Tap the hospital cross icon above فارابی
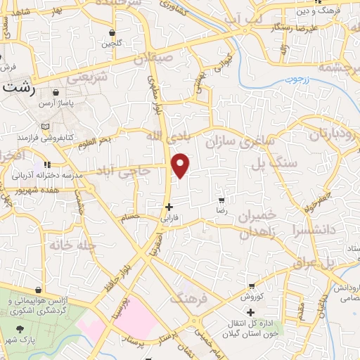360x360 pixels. pos(168,207)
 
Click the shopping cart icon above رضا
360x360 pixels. pos(221,200)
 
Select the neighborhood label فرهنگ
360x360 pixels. pos(190,299)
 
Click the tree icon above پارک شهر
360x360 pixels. pos(19,328)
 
